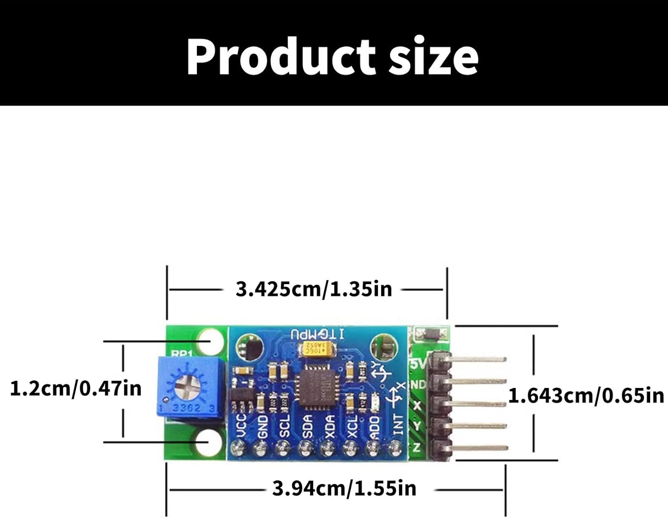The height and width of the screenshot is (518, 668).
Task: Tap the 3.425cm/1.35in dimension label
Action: pyautogui.click(x=314, y=289)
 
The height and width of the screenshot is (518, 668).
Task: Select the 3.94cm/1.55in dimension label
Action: pyautogui.click(x=344, y=489)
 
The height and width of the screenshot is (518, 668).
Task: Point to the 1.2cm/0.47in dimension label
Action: pyautogui.click(x=76, y=388)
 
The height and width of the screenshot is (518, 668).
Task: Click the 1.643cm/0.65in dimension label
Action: pyautogui.click(x=586, y=396)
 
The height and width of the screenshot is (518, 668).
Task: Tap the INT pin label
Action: pyautogui.click(x=398, y=424)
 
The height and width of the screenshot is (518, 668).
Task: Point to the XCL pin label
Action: pyautogui.click(x=352, y=426)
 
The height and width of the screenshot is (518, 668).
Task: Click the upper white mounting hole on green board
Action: pyautogui.click(x=212, y=340)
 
